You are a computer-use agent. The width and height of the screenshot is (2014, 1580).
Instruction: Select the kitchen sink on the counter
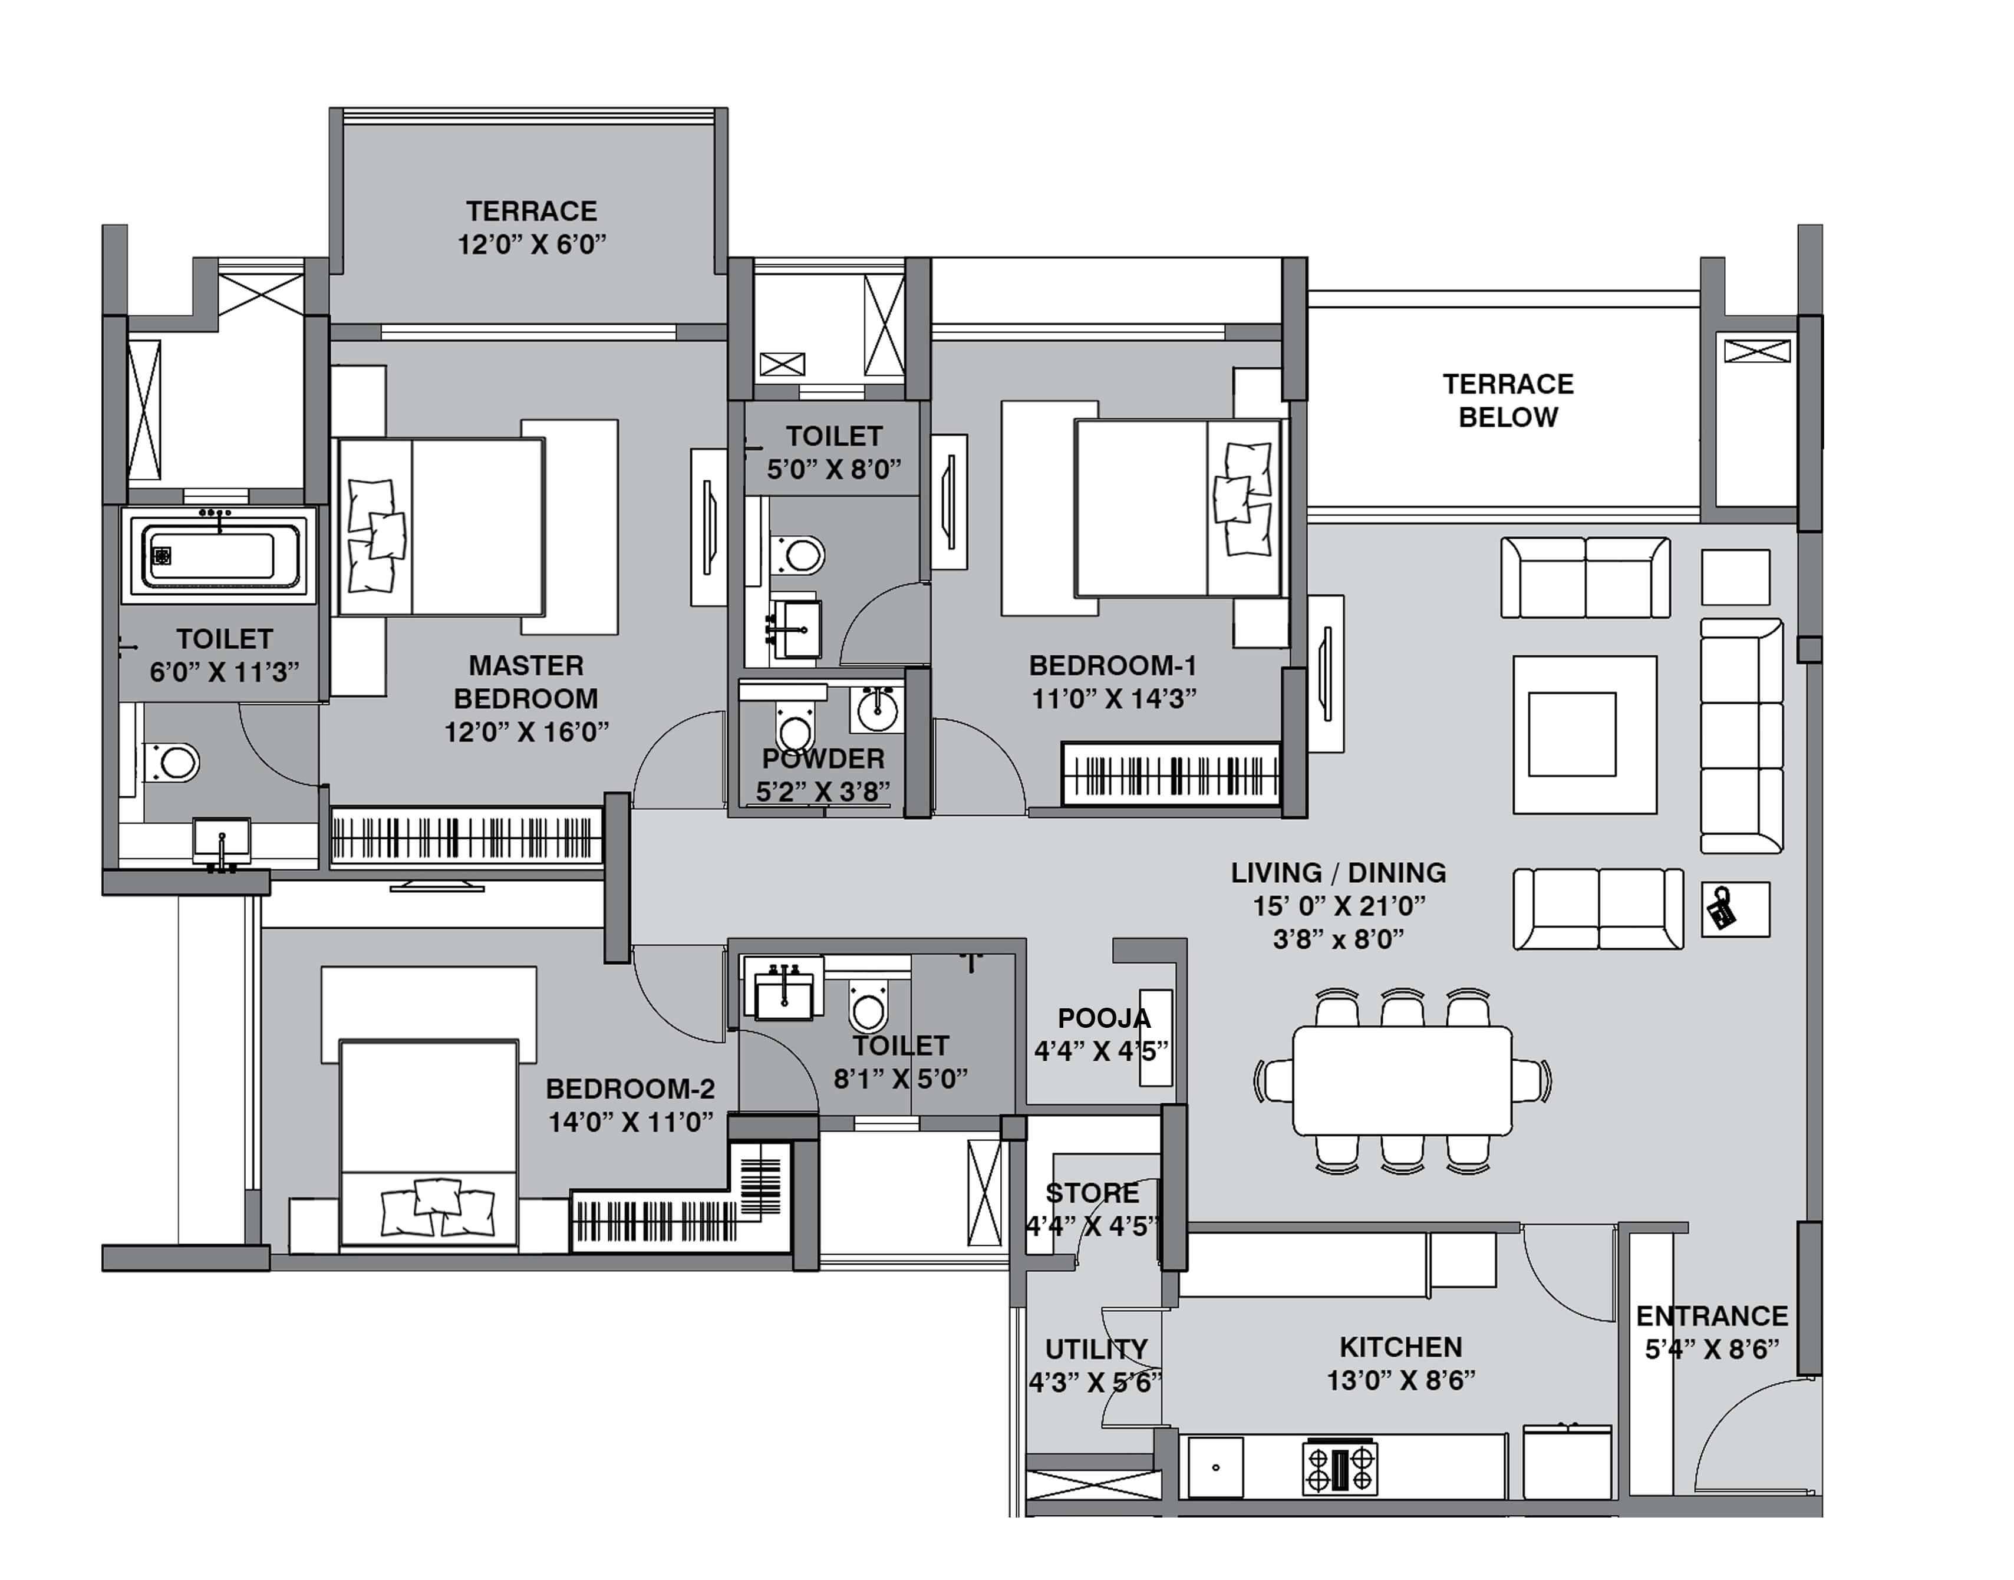[1215, 1467]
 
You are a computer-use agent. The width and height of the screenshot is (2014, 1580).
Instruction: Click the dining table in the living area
[1402, 1080]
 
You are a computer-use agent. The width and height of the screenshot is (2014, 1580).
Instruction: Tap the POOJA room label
[1104, 1018]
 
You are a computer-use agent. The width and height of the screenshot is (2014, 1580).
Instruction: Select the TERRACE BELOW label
[1508, 401]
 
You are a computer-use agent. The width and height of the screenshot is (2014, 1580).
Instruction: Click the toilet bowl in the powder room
[795, 728]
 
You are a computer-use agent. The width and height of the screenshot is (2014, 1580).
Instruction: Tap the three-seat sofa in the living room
[1741, 735]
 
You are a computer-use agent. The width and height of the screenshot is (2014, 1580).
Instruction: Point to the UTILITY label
[1096, 1350]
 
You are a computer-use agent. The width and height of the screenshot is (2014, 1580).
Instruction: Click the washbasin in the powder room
[876, 708]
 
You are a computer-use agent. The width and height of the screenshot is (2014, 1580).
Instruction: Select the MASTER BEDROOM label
[526, 682]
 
